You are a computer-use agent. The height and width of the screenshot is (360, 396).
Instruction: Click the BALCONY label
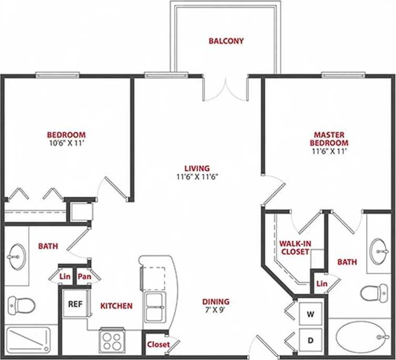(226, 41)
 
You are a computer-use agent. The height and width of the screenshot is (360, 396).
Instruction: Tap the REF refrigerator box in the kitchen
(75, 304)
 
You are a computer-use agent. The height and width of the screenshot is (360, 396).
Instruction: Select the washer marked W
(310, 315)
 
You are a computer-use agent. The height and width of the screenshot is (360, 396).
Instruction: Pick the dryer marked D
(310, 341)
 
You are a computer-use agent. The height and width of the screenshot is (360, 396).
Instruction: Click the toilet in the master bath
(374, 292)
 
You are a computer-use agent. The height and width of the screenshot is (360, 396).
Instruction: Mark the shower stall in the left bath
(28, 340)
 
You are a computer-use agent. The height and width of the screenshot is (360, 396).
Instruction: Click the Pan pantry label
(84, 276)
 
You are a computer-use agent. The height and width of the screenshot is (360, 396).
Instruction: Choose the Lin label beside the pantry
(65, 276)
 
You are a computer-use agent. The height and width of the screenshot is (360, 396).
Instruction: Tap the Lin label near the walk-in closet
(321, 284)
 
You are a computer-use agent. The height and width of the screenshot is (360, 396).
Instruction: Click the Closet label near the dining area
(158, 344)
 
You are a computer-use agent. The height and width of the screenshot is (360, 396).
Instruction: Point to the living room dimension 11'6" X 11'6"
(197, 177)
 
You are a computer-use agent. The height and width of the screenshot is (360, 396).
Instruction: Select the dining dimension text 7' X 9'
(216, 310)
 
